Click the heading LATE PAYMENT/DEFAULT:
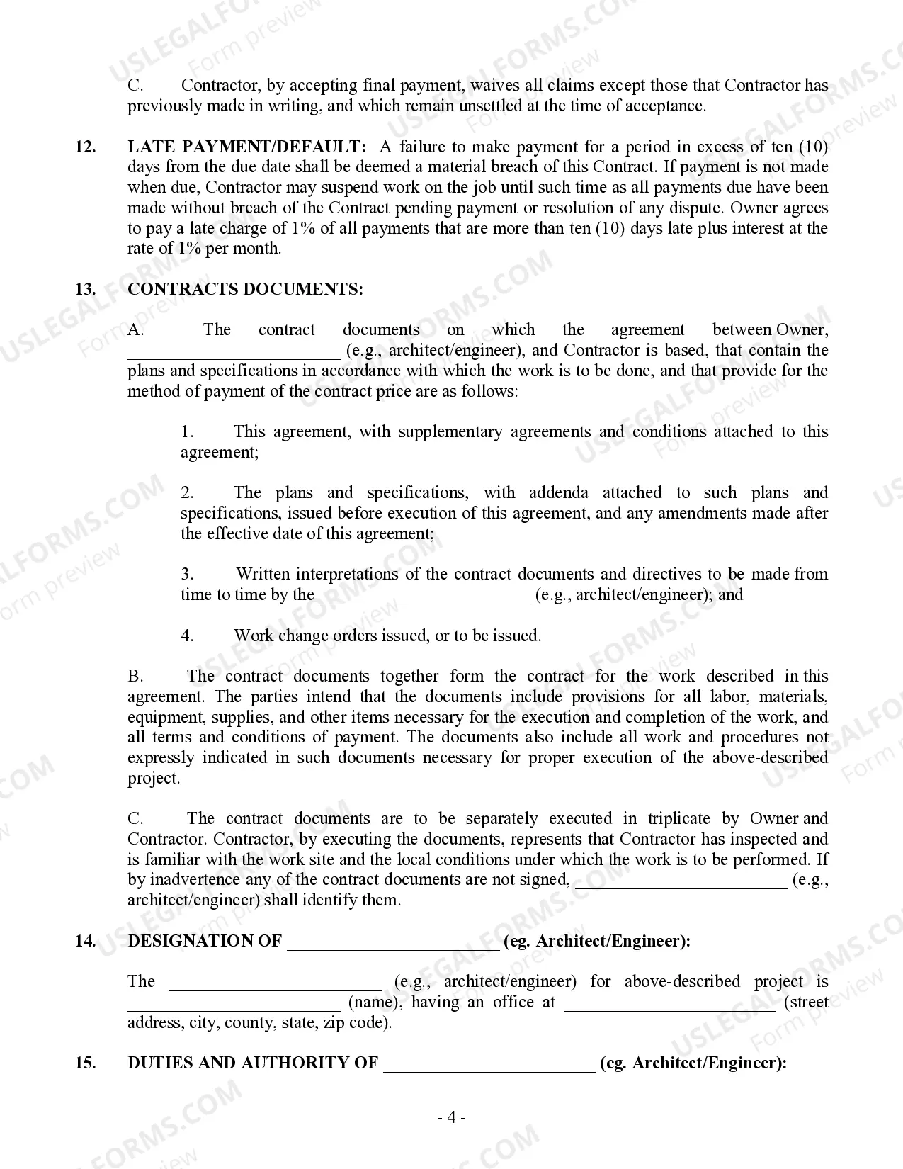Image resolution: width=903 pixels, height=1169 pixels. tap(247, 147)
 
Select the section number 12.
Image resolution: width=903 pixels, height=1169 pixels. tap(85, 147)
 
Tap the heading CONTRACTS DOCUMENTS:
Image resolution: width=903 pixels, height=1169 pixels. tap(245, 289)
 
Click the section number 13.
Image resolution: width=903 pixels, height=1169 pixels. tap(85, 289)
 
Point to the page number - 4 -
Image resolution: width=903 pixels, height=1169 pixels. tap(451, 1118)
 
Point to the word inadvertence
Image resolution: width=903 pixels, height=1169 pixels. tap(195, 880)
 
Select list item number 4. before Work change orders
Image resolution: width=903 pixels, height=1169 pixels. tap(187, 636)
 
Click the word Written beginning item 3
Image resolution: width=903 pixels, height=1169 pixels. tap(263, 574)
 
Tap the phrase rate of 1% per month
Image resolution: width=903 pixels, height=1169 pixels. tap(204, 249)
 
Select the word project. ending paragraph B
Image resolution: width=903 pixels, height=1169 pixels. tap(154, 778)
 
